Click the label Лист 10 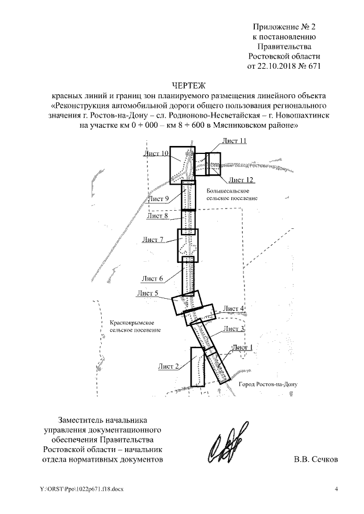pyautogui.click(x=156, y=153)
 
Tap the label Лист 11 pyautogui.click(x=234, y=140)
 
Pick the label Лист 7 pyautogui.click(x=154, y=240)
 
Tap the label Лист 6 pyautogui.click(x=152, y=278)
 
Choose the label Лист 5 pyautogui.click(x=147, y=294)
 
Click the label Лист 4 pyautogui.click(x=234, y=308)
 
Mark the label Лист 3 pyautogui.click(x=234, y=328)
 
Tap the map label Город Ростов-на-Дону pyautogui.click(x=267, y=384)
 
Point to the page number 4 pyautogui.click(x=336, y=489)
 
